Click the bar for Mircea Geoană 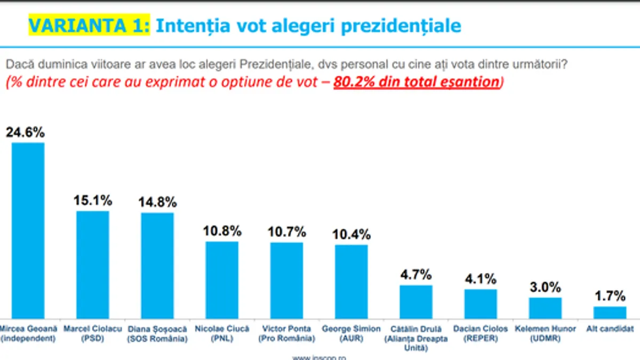tap(28, 230)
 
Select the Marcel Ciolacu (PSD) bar tap(93, 265)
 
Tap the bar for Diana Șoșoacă tap(157, 266)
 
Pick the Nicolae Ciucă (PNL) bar tap(222, 280)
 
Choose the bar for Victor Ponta tap(286, 281)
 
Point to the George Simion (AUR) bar tap(351, 282)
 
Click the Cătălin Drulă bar tap(416, 302)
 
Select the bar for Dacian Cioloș tap(481, 304)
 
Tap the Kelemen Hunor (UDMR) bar tap(545, 308)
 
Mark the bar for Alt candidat tap(610, 313)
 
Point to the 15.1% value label tap(93, 201)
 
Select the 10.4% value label tap(351, 234)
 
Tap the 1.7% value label tap(610, 296)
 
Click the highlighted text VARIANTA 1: tap(89, 25)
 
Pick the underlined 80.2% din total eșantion tap(417, 82)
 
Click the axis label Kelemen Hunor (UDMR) tap(545, 333)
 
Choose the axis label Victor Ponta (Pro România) tap(286, 333)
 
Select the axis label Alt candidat tap(610, 329)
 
